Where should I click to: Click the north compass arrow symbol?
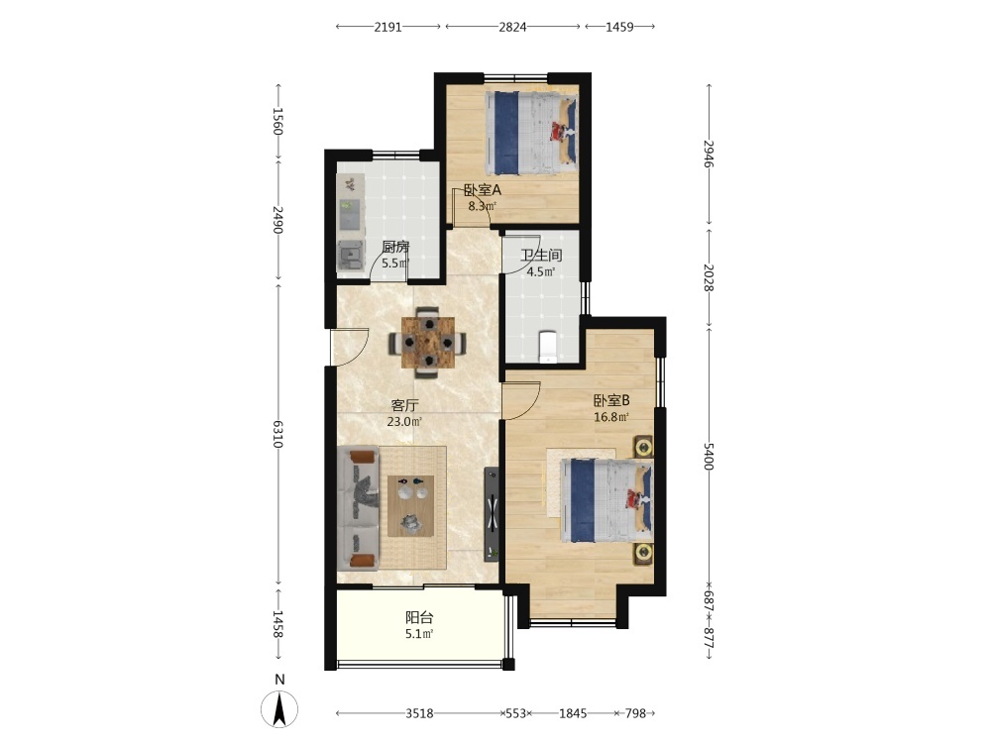(279, 709)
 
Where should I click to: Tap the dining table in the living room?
(428, 342)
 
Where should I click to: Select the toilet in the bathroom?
(548, 347)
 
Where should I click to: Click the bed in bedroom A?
(531, 134)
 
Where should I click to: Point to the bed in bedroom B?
(606, 499)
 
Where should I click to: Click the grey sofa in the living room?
(359, 508)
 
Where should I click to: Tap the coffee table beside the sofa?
(411, 505)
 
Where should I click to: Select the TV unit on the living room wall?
(492, 513)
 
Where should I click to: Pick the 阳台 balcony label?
(419, 617)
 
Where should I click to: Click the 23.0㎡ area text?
(404, 421)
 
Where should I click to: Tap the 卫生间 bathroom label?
(541, 256)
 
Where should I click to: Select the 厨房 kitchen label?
(395, 247)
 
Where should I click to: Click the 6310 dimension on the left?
(277, 434)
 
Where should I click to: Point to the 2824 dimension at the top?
(512, 27)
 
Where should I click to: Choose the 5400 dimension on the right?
(709, 456)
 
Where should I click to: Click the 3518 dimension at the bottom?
(419, 713)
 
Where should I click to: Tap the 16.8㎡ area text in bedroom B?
(611, 417)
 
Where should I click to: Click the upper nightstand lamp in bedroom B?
(643, 448)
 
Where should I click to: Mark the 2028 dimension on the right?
(709, 278)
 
